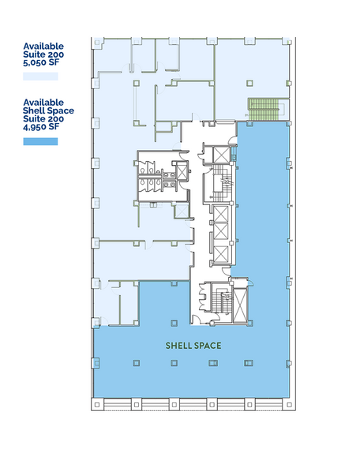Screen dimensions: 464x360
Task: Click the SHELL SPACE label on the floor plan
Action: pos(193,346)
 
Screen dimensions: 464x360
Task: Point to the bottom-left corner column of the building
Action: pos(96,404)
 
